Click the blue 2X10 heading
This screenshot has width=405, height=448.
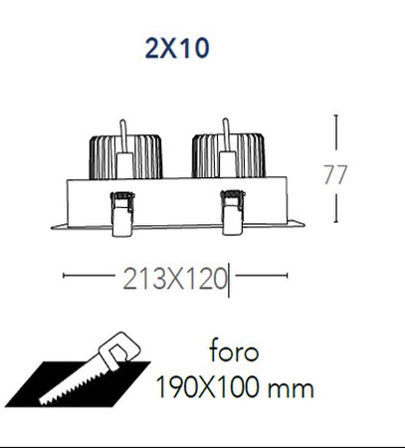pos(177,49)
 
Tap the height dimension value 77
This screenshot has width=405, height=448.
pos(335,174)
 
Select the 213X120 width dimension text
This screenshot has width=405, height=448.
pos(175,279)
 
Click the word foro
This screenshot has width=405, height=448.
pos(234,349)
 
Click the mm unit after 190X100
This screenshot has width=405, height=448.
pos(291,389)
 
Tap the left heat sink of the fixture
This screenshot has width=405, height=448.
pos(125,156)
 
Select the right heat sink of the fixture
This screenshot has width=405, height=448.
pos(229,155)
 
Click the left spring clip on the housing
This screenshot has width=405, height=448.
pos(122,214)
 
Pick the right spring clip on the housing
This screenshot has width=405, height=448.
pos(233,212)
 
